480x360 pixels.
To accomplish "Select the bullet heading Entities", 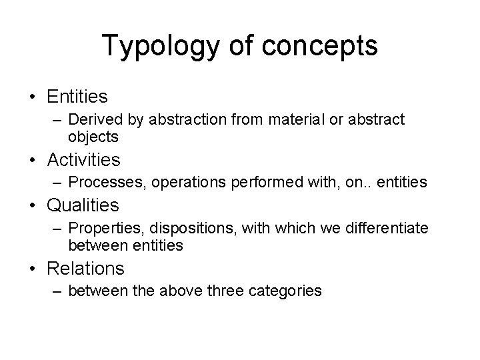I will tap(77, 97).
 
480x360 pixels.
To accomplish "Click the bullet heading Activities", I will tap(84, 160).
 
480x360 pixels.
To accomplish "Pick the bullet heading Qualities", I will tap(83, 205).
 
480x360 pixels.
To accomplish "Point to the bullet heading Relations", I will tap(85, 268).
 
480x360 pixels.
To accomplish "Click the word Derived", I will tap(91, 121).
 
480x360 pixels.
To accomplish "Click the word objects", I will tap(93, 137).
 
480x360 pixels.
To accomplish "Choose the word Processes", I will tap(99, 182).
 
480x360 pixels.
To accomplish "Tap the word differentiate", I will tap(380, 229).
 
